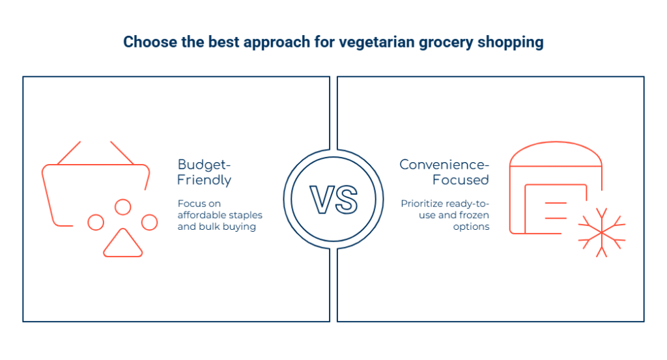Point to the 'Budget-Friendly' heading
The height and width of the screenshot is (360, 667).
click(205, 172)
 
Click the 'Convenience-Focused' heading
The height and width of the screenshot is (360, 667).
click(444, 172)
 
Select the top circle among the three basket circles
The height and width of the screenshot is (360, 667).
click(122, 207)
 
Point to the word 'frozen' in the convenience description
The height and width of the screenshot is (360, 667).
click(474, 215)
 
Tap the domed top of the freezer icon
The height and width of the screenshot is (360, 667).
click(555, 154)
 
